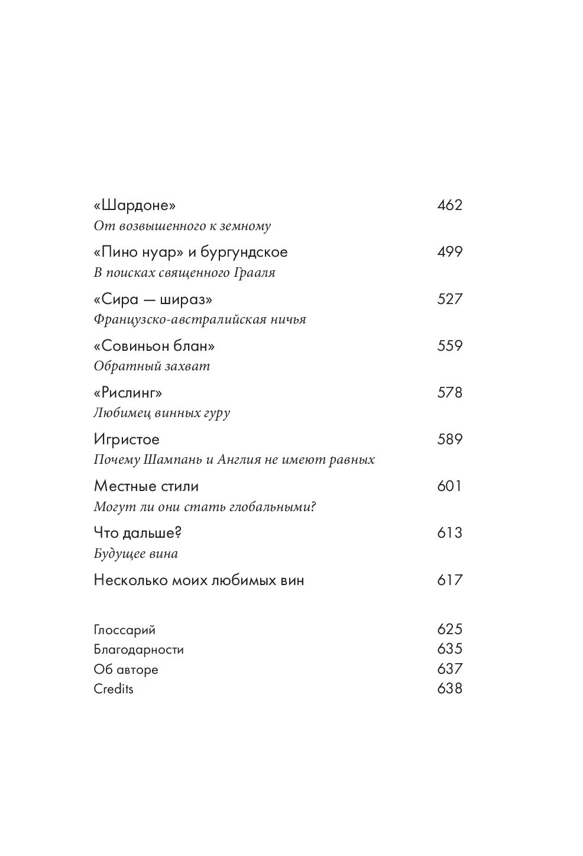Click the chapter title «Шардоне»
(x=135, y=205)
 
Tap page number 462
(x=449, y=205)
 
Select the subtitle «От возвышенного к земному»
(x=182, y=226)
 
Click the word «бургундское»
(x=244, y=252)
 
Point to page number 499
(x=449, y=252)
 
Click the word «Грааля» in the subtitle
(x=257, y=273)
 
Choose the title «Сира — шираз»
(x=153, y=299)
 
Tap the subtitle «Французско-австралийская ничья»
(x=200, y=319)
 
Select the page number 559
(x=449, y=345)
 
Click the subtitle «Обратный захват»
(x=152, y=366)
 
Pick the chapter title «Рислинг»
(x=128, y=392)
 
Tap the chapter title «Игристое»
(x=127, y=440)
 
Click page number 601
(x=449, y=486)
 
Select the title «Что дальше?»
(x=137, y=533)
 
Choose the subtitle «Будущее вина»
(x=136, y=554)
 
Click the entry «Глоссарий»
(x=124, y=630)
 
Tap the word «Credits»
(x=114, y=689)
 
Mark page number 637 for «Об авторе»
(x=449, y=669)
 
